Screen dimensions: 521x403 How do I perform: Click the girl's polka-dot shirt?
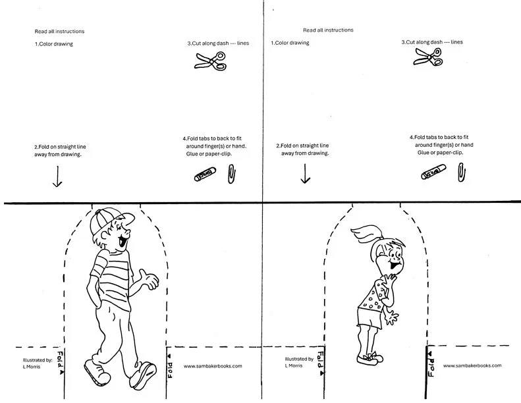click(371, 296)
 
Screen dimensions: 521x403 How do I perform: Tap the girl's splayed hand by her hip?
click(394, 318)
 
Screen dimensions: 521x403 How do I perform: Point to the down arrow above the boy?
click(57, 176)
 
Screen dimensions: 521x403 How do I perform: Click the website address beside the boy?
click(213, 366)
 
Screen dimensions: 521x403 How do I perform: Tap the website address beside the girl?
click(472, 365)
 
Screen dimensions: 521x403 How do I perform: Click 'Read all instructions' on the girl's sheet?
click(328, 30)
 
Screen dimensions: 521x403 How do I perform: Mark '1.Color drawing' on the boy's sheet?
click(53, 44)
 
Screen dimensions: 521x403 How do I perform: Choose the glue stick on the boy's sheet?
click(206, 175)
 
